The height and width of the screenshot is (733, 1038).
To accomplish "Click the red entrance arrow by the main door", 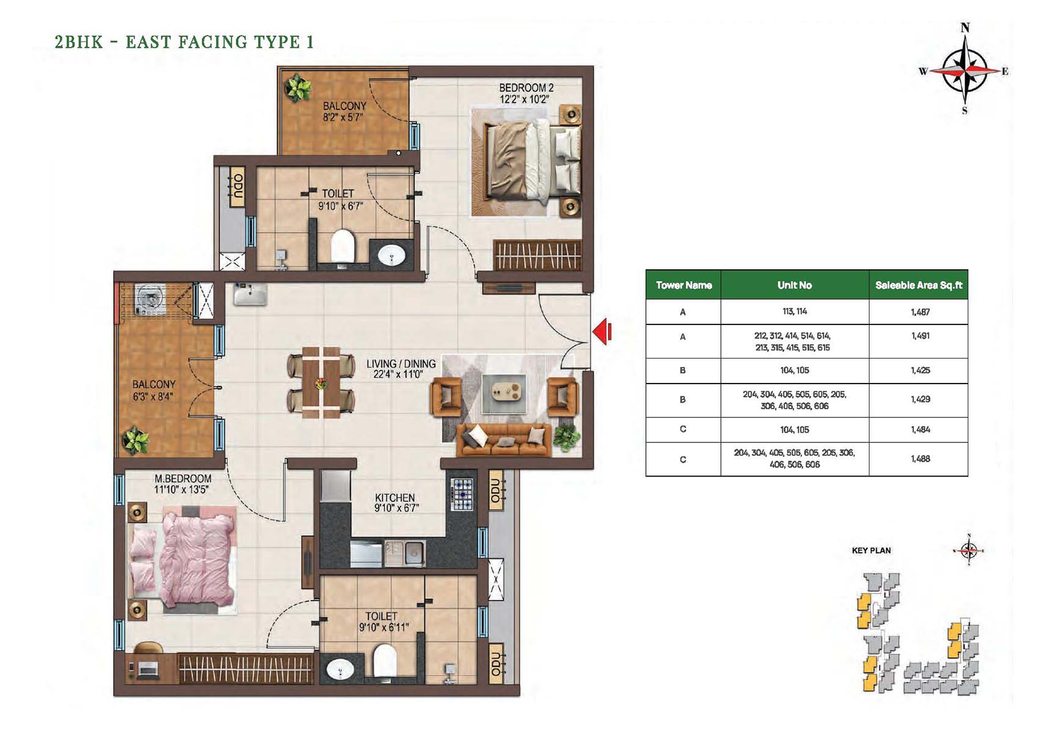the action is coord(602,332).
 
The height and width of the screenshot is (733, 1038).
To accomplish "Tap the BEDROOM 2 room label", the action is coord(526,87).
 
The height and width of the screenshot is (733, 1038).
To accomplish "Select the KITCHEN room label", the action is coord(395,497).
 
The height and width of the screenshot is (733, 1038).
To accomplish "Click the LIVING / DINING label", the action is coord(401,364).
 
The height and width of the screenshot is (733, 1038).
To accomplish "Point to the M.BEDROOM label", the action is coord(183,478).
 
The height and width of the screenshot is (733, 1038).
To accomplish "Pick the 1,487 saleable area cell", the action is coord(920,312).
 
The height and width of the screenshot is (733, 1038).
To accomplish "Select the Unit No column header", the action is coord(794,285).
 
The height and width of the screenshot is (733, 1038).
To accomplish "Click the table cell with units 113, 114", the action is coord(794,312).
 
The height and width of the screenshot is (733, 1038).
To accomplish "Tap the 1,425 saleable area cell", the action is coord(920,370).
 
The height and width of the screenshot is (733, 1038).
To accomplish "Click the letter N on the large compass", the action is coord(965,28).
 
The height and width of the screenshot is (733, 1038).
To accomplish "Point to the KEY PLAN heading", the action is coord(871,550).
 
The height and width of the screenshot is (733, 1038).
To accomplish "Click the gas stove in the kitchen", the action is coord(462,494).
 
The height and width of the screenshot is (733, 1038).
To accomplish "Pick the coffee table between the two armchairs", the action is coord(504,393).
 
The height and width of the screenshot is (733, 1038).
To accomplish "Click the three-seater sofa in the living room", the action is coord(504,439).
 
